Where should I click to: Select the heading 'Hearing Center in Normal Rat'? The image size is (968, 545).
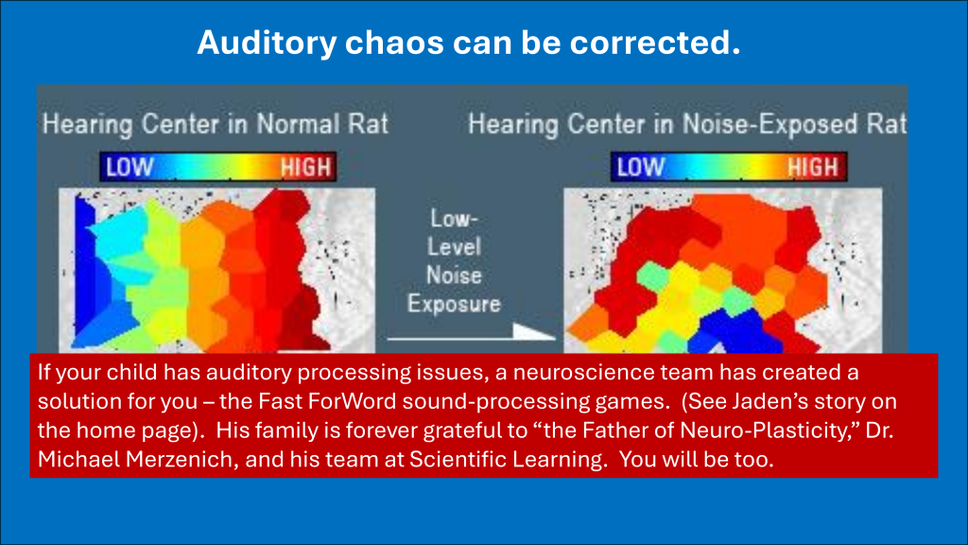[216, 124]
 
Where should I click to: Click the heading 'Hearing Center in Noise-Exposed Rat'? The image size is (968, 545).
[687, 124]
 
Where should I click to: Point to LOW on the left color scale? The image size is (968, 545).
[130, 167]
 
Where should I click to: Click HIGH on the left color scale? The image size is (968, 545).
[306, 167]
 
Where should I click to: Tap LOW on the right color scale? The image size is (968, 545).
[641, 167]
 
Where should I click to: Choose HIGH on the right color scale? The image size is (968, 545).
[813, 167]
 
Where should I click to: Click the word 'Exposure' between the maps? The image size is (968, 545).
[454, 304]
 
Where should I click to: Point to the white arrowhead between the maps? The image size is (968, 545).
[531, 332]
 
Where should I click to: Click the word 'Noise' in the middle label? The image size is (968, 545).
[454, 275]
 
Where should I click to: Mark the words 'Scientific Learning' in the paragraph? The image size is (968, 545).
[508, 460]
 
